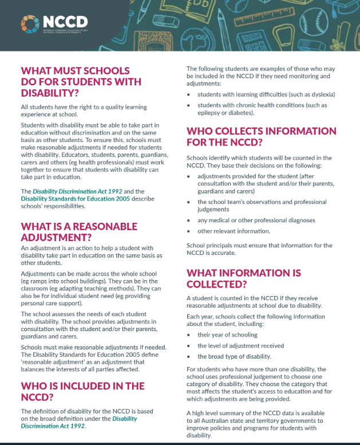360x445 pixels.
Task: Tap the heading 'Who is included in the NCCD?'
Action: pyautogui.click(x=82, y=392)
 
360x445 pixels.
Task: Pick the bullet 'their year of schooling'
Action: pyautogui.click(x=227, y=334)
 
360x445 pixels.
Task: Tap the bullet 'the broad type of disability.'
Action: pyautogui.click(x=234, y=356)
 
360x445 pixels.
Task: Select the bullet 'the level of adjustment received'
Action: pyautogui.click(x=241, y=345)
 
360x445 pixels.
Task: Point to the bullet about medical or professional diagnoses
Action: pyautogui.click(x=256, y=220)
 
